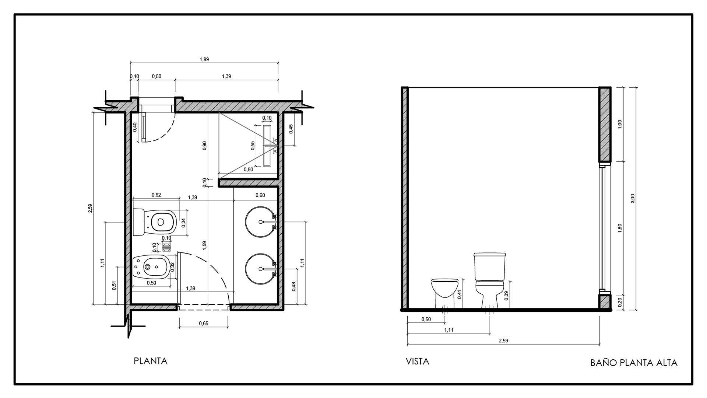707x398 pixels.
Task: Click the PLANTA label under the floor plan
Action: pyautogui.click(x=150, y=361)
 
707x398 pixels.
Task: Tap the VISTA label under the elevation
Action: pyautogui.click(x=417, y=362)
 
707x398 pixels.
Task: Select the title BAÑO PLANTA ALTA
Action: pyautogui.click(x=634, y=363)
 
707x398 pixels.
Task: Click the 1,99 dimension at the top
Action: pyautogui.click(x=204, y=59)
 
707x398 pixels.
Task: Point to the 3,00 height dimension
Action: pyautogui.click(x=633, y=198)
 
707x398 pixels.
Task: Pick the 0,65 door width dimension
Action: pyautogui.click(x=203, y=324)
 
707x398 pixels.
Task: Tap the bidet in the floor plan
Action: pyautogui.click(x=152, y=265)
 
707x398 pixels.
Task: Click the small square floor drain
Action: pyautogui.click(x=167, y=246)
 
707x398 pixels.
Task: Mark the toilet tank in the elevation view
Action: pyautogui.click(x=490, y=266)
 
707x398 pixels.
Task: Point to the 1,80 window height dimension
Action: pyautogui.click(x=620, y=228)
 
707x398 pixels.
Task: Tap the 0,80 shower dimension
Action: pyautogui.click(x=249, y=170)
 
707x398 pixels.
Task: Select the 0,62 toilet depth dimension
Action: pyautogui.click(x=156, y=195)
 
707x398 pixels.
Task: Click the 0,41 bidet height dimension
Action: pyautogui.click(x=460, y=294)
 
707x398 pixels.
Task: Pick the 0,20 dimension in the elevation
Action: pyautogui.click(x=620, y=302)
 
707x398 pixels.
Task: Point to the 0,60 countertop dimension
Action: pyautogui.click(x=260, y=195)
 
